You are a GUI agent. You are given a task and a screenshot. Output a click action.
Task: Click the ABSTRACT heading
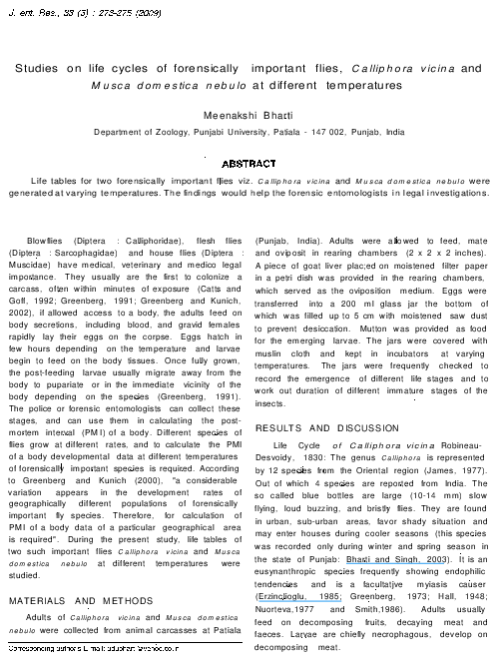coord(247,163)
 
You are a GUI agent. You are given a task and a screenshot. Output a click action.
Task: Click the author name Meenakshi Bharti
coord(247,116)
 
